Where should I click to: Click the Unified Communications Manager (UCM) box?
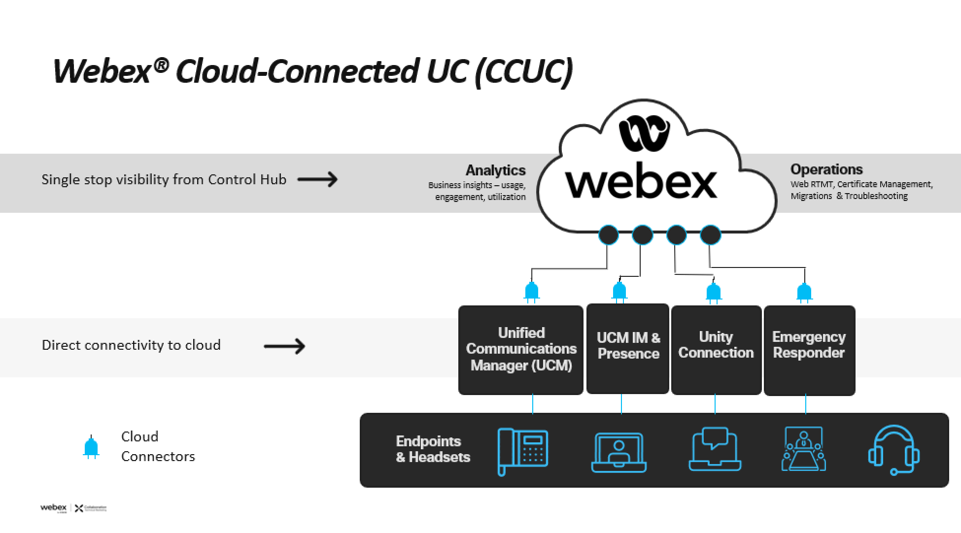point(521,350)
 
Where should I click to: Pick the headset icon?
point(893,449)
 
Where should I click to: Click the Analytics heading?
point(495,170)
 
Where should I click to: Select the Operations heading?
point(826,169)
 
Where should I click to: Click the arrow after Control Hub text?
point(318,179)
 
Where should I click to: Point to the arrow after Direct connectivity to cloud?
point(284,346)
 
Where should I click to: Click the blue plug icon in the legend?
point(91,447)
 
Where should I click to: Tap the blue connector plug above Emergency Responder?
point(804,292)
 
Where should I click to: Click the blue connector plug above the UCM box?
point(531,292)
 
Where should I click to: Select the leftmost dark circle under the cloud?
point(609,235)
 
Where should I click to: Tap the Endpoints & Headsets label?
point(433,449)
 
